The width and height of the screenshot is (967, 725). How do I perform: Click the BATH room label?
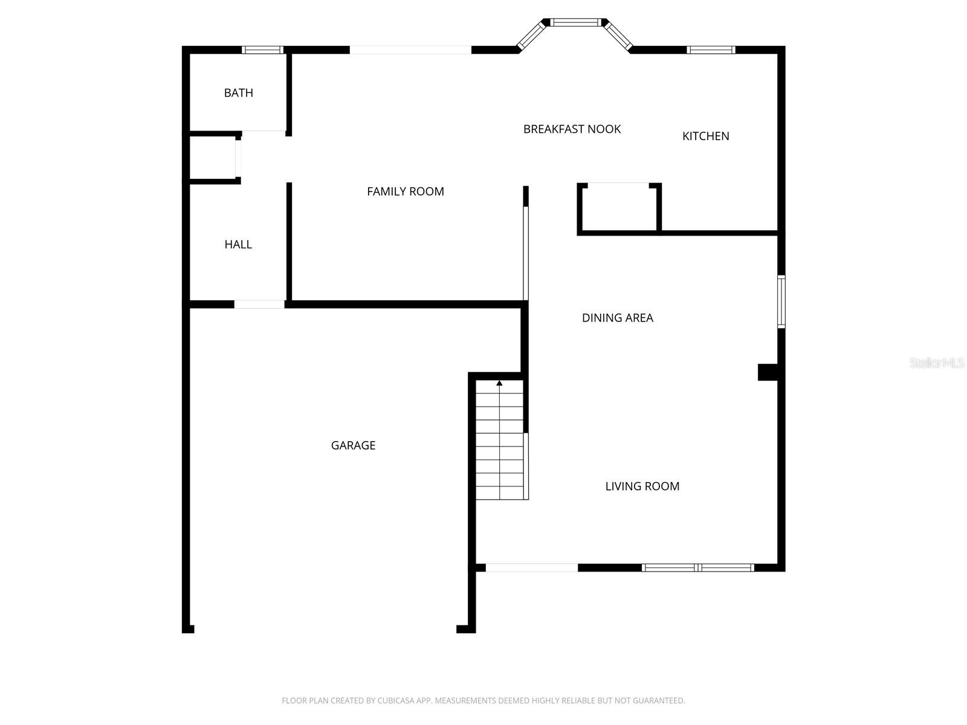238,92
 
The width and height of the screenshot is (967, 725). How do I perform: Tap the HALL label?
238,244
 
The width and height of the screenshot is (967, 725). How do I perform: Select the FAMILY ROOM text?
405,192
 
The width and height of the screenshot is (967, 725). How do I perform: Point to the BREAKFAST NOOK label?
572,129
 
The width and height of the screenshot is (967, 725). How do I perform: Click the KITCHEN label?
705,136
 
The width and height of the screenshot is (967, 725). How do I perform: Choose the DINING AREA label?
617,318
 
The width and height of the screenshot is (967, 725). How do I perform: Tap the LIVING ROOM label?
642,486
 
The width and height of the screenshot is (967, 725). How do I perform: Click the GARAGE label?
353,445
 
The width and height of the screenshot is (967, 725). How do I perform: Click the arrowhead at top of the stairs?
499,383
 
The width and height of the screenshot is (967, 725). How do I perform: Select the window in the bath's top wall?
262,50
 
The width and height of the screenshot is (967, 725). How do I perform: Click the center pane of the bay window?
577,23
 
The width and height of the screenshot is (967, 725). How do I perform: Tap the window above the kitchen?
711,50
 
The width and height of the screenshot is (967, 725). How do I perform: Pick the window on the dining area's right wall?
781,301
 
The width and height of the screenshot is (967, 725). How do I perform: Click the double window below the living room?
697,567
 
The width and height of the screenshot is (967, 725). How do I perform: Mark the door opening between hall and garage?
259,304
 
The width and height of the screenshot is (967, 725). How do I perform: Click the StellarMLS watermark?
937,363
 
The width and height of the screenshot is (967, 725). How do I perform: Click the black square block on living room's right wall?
768,372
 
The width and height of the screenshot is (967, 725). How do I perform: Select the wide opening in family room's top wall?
410,50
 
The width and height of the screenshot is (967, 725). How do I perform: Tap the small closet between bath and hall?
213,157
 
